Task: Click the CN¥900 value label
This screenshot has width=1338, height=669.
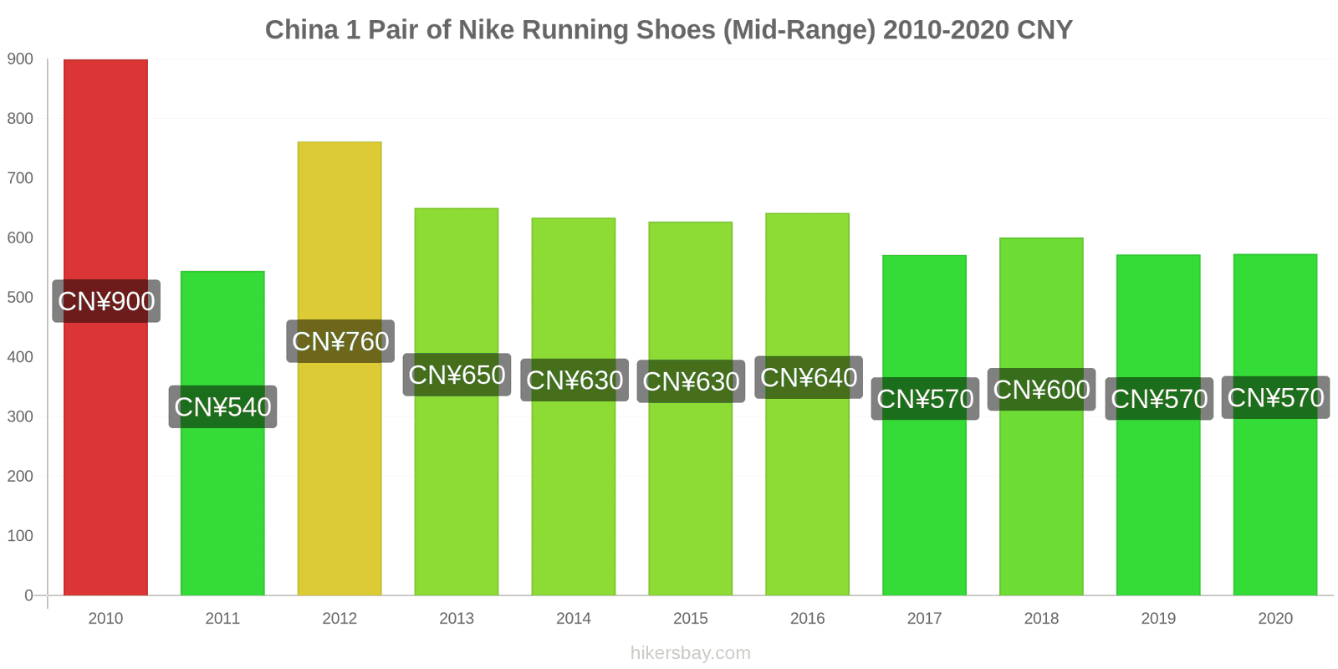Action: click(106, 301)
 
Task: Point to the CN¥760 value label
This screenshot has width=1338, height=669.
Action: click(340, 341)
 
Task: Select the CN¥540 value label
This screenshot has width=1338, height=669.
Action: click(222, 406)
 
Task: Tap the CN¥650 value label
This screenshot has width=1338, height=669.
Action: click(457, 375)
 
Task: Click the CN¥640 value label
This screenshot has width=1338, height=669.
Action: click(809, 377)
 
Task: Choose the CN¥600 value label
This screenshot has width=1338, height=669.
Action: click(1041, 390)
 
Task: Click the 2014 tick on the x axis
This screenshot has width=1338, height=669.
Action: click(574, 619)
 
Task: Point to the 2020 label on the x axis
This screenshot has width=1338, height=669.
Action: click(1275, 619)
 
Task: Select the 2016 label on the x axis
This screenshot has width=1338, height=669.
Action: click(808, 619)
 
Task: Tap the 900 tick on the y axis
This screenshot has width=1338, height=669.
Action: click(21, 59)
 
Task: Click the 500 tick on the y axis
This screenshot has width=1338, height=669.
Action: click(21, 298)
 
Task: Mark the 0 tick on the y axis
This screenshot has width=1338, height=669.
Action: click(28, 595)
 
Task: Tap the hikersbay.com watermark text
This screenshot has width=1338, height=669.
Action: click(691, 653)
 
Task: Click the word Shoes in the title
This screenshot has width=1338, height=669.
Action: click(676, 30)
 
